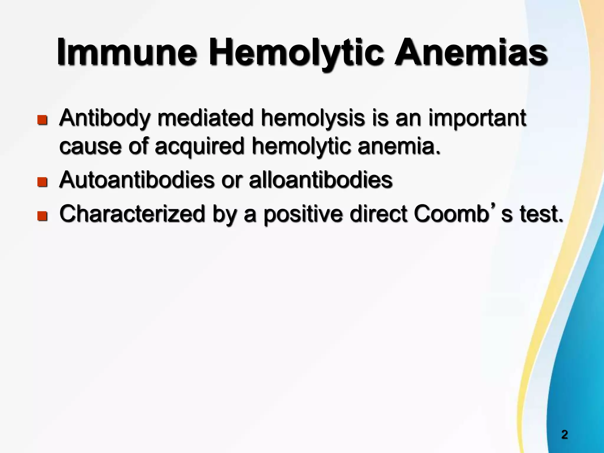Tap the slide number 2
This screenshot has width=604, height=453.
point(564,435)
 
